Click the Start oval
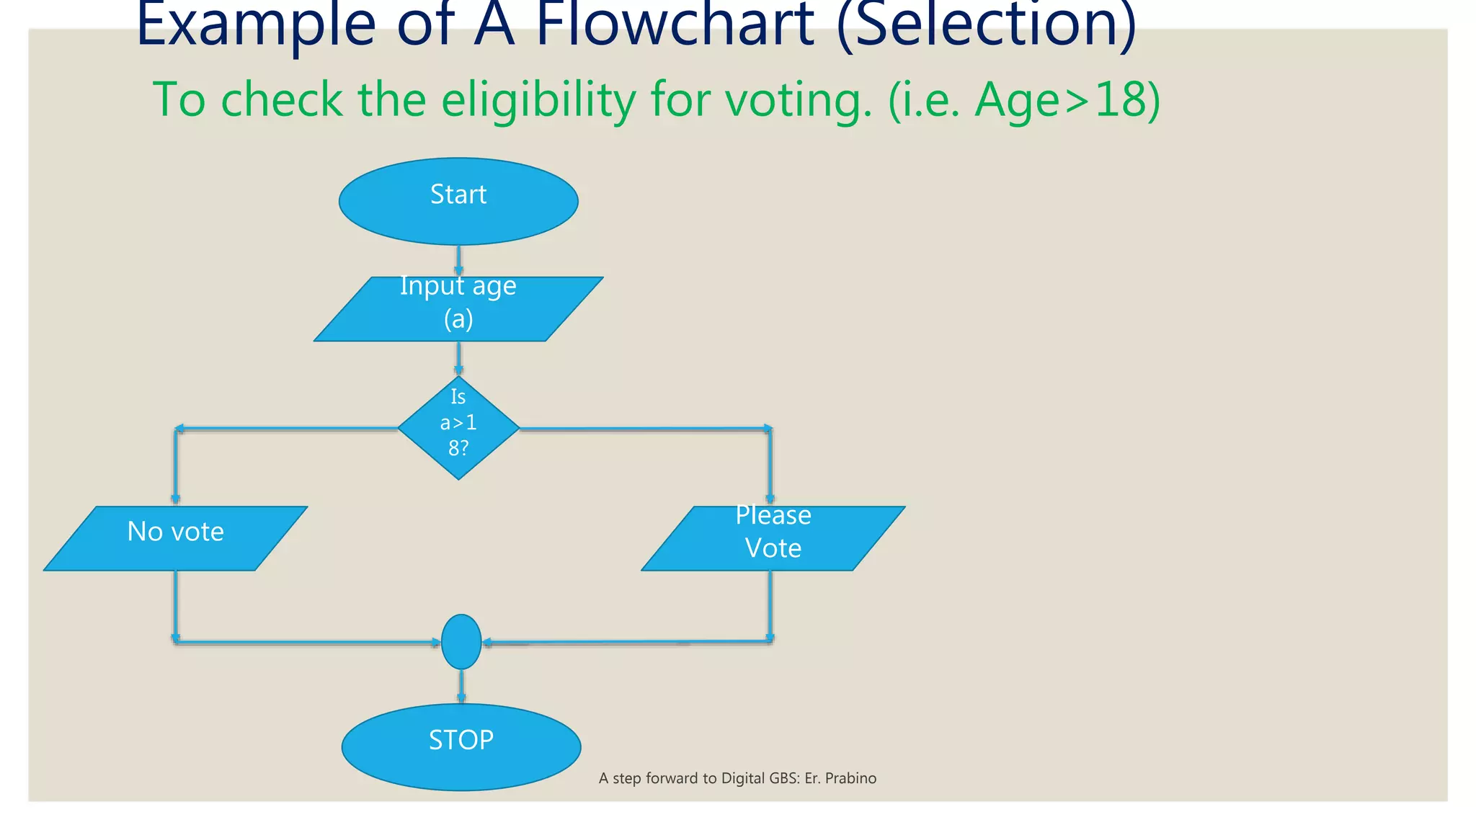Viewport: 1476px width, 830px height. point(458,201)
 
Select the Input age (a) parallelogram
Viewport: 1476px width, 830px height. point(458,309)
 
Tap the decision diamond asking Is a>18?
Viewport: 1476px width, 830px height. point(458,428)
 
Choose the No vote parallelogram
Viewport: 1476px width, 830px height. point(176,538)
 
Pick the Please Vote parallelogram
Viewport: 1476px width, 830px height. point(773,538)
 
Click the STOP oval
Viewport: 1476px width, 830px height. point(461,746)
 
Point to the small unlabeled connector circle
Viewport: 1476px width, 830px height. point(461,641)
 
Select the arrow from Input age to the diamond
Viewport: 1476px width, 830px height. point(458,358)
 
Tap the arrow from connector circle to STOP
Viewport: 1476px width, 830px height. point(461,686)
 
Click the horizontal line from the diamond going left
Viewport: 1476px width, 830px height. point(288,429)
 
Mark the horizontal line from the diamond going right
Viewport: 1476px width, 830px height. point(641,429)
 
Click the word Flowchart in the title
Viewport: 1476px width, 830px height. point(675,24)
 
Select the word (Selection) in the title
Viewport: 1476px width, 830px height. point(986,24)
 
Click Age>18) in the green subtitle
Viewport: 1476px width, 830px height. point(1067,99)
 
